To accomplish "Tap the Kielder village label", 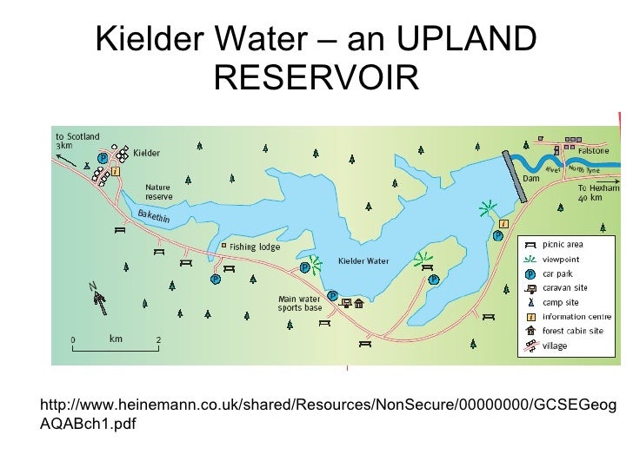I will (x=146, y=153).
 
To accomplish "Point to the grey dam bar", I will (x=514, y=177).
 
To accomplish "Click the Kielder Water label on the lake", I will (x=363, y=260).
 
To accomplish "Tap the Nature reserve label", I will (x=157, y=191).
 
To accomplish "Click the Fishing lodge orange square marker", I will (x=223, y=246).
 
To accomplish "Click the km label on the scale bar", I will (x=116, y=338).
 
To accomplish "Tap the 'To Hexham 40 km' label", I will (x=598, y=192).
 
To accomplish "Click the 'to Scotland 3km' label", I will (x=77, y=142).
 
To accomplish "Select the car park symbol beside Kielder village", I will (x=103, y=159).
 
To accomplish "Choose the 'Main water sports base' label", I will (x=299, y=304).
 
